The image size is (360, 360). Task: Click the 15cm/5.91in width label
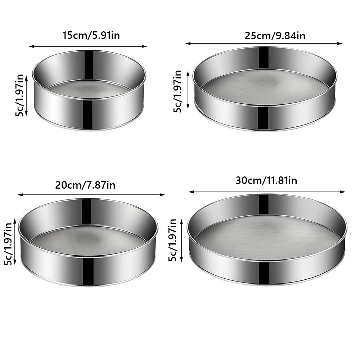88,36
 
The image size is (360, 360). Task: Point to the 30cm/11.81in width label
266,180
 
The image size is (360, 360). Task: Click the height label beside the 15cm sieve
20,95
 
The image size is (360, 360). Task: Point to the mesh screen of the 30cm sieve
266,235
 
